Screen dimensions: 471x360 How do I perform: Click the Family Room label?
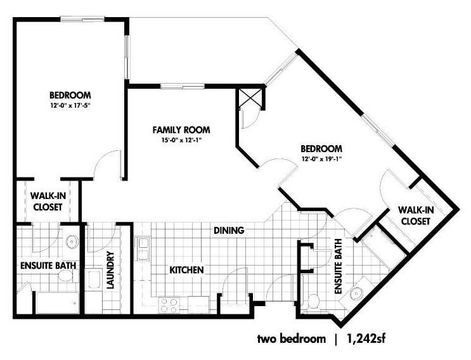[181, 130]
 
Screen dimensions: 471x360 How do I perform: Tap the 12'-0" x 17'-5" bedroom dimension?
[70, 106]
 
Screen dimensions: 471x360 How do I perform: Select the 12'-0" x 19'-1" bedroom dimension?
[321, 159]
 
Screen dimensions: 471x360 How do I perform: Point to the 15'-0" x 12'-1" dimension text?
[181, 140]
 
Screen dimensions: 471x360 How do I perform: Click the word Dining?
[229, 231]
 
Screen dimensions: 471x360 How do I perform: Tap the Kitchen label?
[186, 270]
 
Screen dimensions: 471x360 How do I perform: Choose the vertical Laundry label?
[110, 270]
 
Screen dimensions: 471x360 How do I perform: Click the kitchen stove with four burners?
[169, 305]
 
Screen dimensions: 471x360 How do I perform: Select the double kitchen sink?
[142, 249]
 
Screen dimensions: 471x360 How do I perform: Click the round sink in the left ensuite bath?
[72, 241]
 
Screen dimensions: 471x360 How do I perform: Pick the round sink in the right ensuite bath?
[356, 293]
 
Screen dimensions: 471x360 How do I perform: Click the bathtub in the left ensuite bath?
[58, 302]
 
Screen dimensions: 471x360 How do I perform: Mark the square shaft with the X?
[250, 98]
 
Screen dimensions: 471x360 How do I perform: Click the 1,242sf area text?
[366, 339]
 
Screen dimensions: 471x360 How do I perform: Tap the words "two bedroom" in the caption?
[292, 339]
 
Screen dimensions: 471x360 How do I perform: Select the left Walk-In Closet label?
[48, 201]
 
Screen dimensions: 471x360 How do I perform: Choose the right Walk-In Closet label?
[416, 215]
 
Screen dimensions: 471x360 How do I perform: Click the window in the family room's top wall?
[183, 86]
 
